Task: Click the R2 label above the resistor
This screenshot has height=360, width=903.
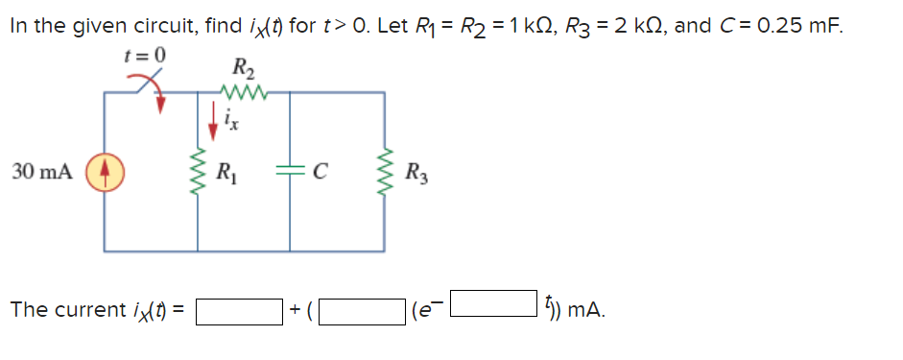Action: pos(242,69)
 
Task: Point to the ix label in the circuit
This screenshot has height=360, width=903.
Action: pos(230,121)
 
